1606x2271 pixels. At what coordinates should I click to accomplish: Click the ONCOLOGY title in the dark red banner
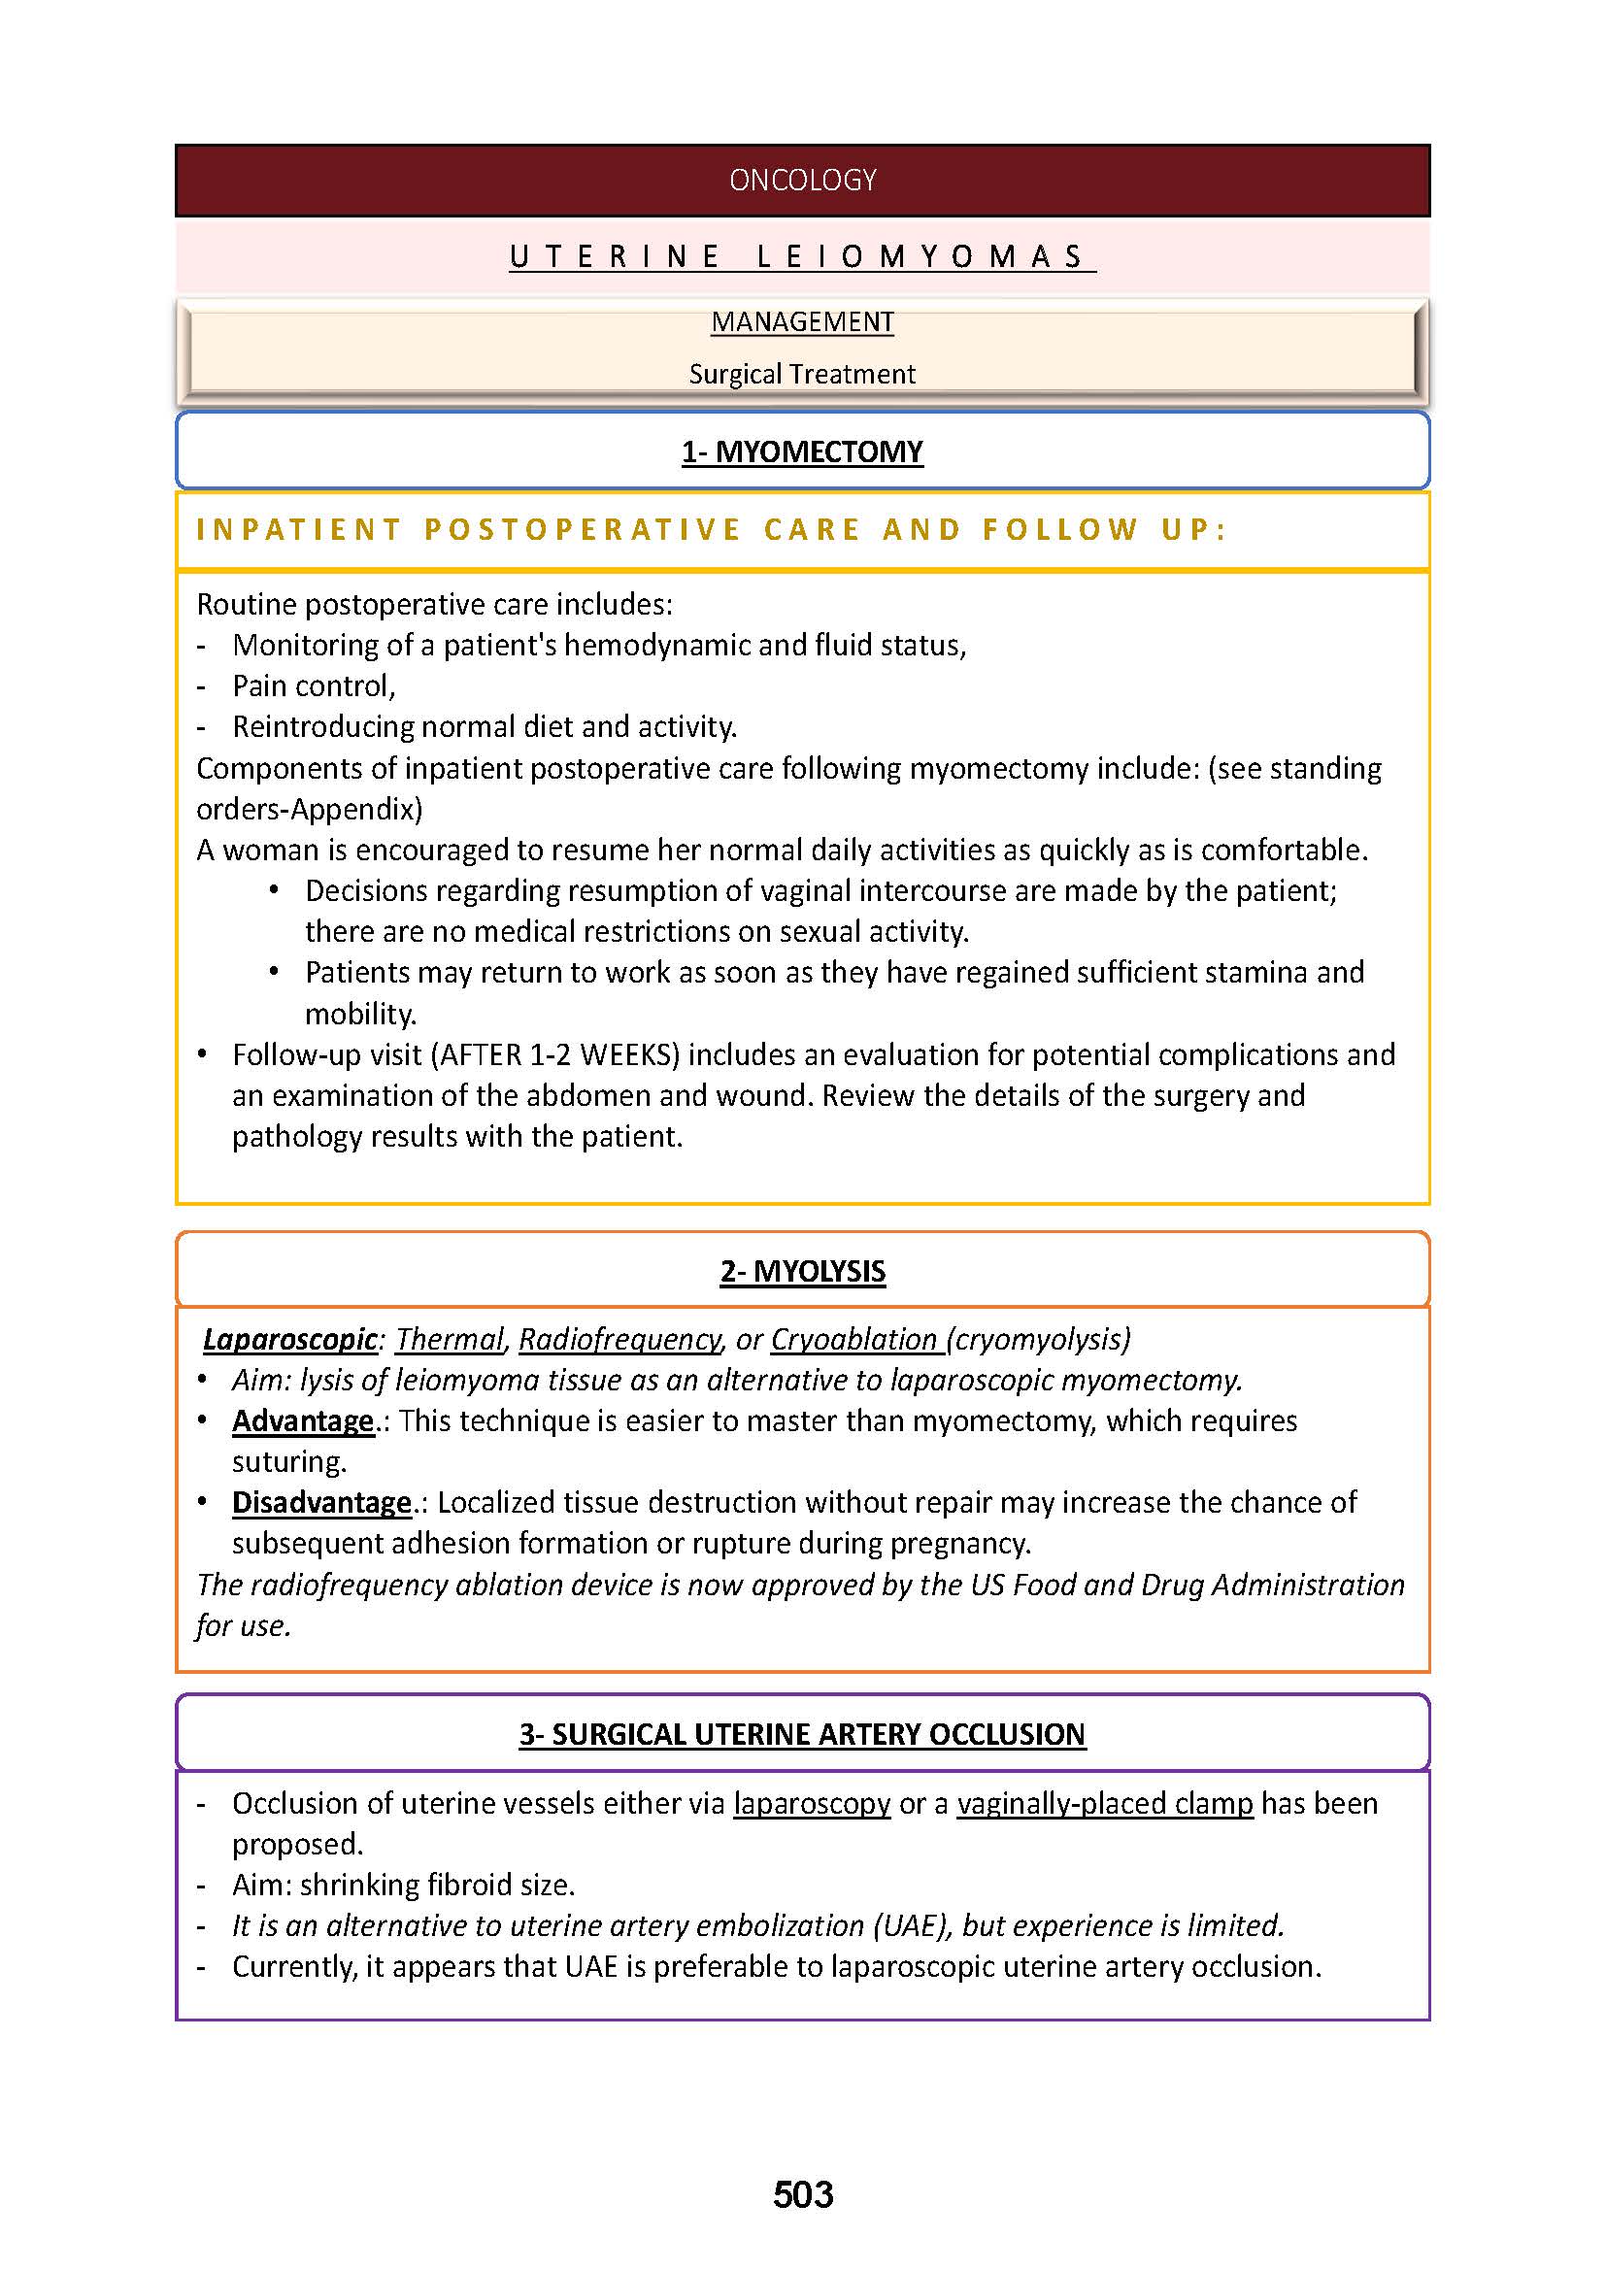click(x=802, y=180)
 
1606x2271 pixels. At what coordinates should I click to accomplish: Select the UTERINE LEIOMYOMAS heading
click(x=802, y=256)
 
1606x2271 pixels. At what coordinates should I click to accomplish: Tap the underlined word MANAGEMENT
click(x=802, y=321)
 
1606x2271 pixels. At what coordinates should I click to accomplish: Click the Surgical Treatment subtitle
click(x=802, y=374)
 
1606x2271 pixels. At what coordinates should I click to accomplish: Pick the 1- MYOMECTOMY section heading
click(x=802, y=452)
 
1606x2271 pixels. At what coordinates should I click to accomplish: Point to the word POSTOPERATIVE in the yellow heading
click(x=583, y=530)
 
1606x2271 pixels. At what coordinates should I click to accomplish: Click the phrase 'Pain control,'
click(x=314, y=685)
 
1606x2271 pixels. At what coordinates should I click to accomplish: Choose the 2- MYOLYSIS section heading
click(x=802, y=1271)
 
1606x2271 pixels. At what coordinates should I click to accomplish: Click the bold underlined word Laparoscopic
click(x=289, y=1339)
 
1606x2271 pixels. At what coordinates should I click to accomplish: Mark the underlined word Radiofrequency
click(x=620, y=1339)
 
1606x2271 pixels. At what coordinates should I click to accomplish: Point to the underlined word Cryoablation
click(x=853, y=1339)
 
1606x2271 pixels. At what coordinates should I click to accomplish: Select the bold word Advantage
click(x=303, y=1421)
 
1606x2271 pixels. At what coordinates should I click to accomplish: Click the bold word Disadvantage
click(x=321, y=1502)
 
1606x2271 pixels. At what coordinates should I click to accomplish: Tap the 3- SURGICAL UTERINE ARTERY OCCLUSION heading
click(x=802, y=1734)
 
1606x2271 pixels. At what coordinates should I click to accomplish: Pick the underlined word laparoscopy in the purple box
click(x=812, y=1803)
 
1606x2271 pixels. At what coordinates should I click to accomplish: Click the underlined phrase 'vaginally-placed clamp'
click(x=1105, y=1803)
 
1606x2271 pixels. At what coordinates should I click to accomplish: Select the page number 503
click(x=803, y=2195)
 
